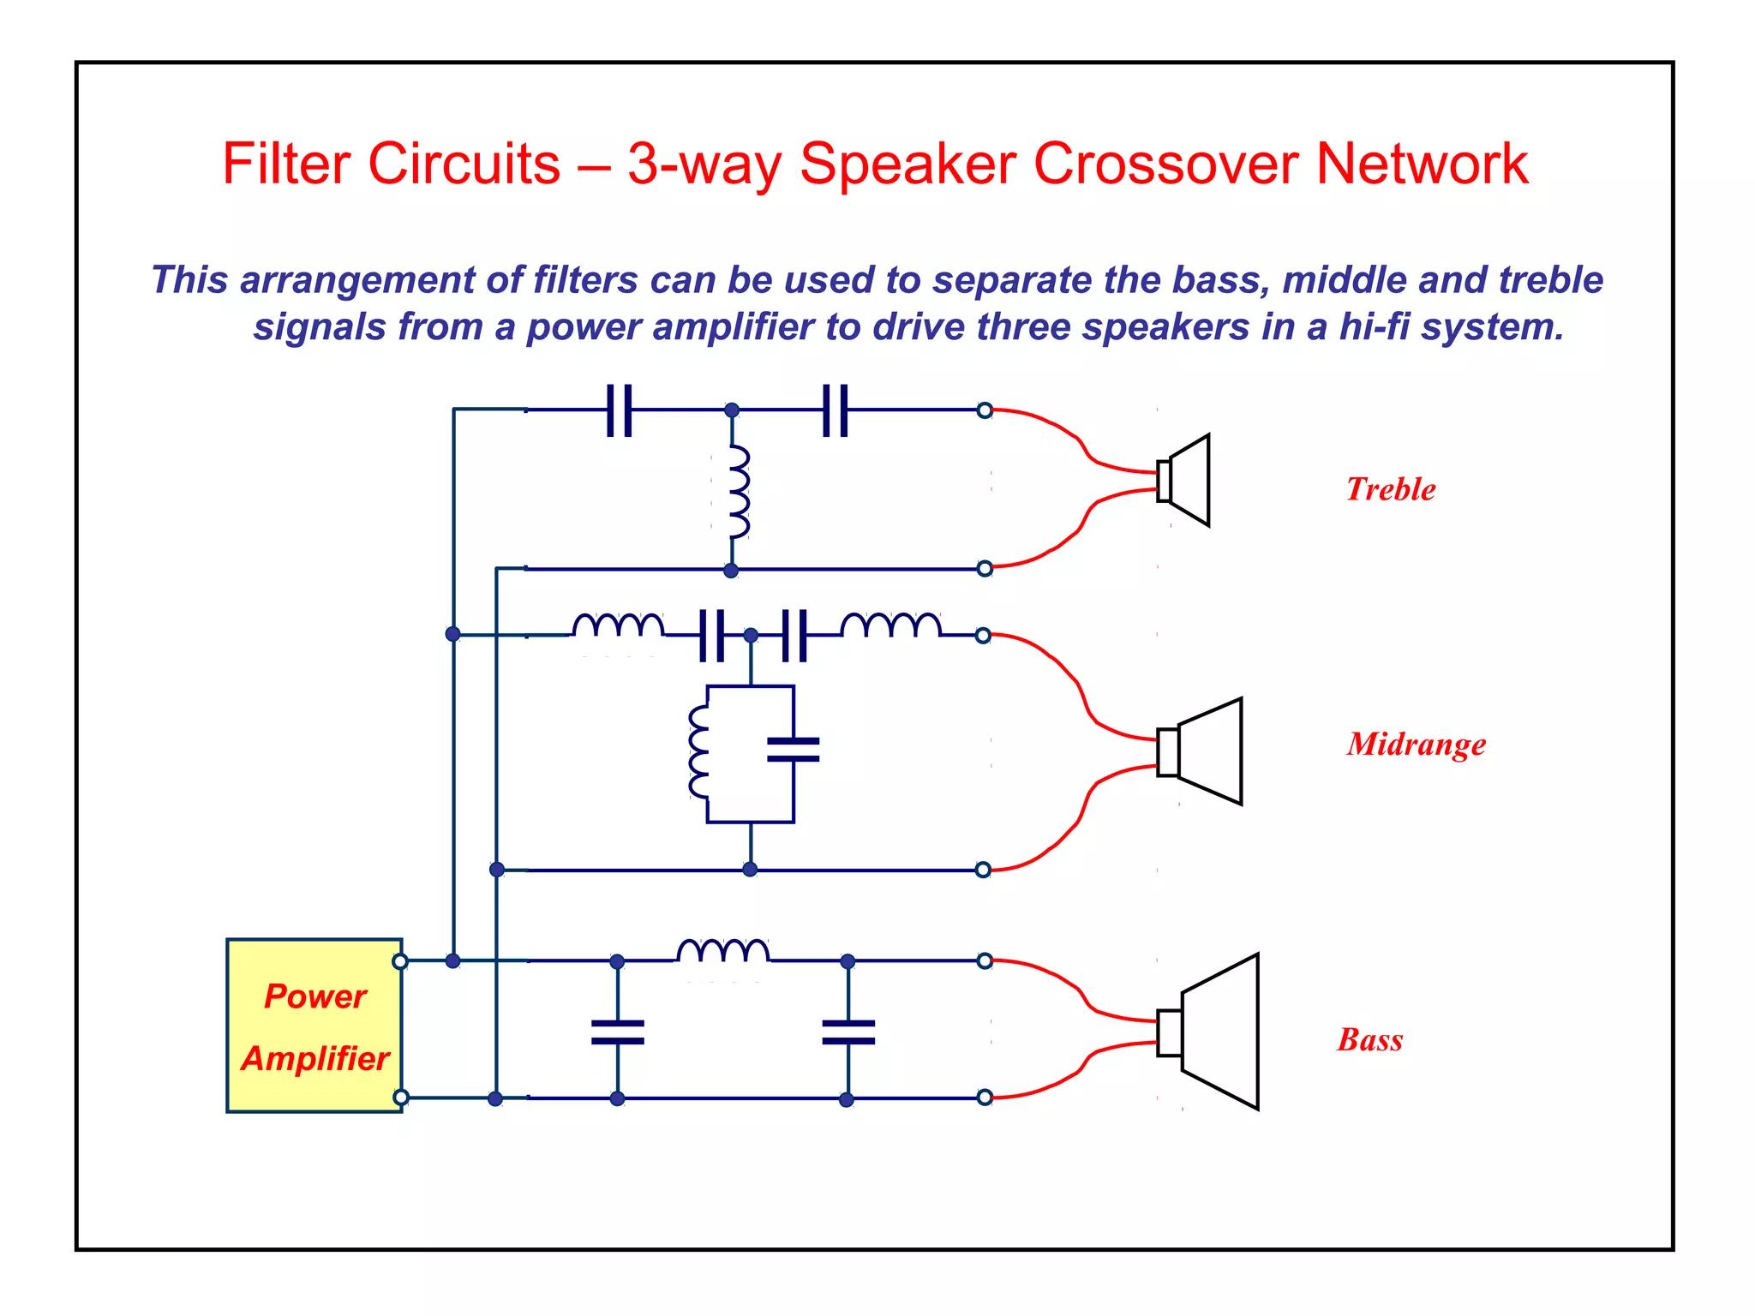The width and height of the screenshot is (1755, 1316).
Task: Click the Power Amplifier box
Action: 314,1026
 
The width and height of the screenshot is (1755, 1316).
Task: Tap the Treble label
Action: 1390,489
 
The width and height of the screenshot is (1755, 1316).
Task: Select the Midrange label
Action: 1416,744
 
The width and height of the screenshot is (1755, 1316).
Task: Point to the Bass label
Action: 1370,1039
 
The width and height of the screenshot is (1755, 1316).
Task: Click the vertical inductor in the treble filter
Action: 737,492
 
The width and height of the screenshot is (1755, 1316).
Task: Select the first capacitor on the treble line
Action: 620,410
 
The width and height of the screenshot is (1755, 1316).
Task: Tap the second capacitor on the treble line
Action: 836,410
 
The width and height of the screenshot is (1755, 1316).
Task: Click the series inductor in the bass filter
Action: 722,952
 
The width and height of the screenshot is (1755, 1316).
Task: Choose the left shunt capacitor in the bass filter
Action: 618,1032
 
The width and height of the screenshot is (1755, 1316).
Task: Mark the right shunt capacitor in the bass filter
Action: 848,1032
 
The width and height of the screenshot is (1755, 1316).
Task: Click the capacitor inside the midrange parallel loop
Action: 794,750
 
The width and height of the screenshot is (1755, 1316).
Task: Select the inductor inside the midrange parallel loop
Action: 699,752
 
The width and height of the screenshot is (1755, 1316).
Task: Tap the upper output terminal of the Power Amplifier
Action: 400,961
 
